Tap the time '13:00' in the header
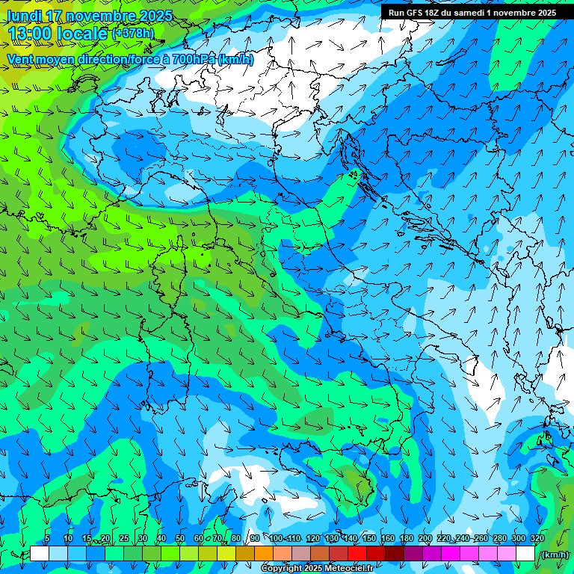(x=28, y=34)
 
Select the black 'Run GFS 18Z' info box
(x=472, y=12)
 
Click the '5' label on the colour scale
(x=47, y=538)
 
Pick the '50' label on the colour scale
(x=179, y=538)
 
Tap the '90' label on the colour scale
(x=255, y=538)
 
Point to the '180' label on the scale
(x=406, y=538)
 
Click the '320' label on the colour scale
(x=537, y=538)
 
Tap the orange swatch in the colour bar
(x=264, y=554)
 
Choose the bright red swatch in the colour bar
(x=357, y=554)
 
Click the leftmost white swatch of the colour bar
(x=40, y=554)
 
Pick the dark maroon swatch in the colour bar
(x=395, y=554)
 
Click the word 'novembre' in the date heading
(x=102, y=16)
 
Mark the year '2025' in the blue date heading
(x=155, y=16)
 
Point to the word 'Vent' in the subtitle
(x=21, y=59)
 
